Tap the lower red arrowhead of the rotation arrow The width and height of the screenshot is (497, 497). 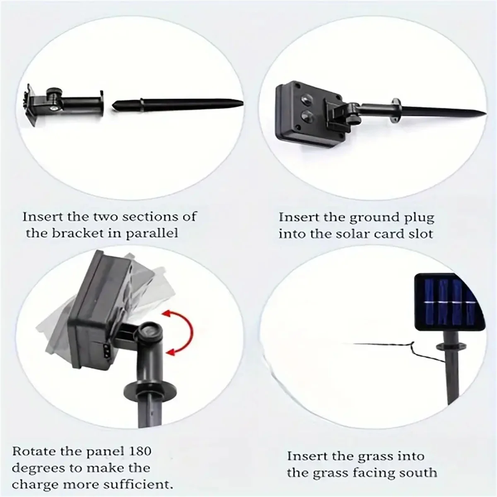coord(171,352)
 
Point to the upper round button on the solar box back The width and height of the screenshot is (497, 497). coord(306,99)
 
